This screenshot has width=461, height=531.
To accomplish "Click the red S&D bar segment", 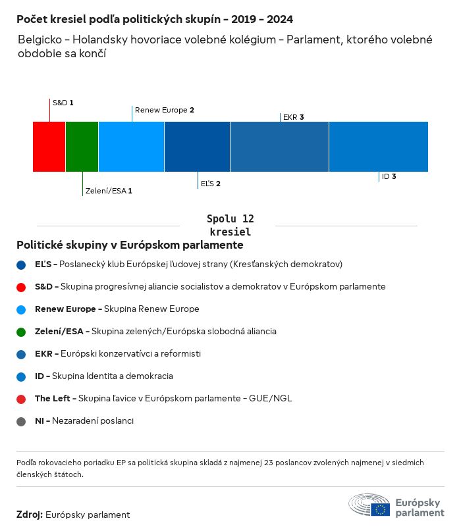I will (49, 146).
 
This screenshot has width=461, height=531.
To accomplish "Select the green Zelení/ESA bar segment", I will (82, 146).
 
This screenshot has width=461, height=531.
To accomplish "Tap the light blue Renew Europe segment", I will (131, 146).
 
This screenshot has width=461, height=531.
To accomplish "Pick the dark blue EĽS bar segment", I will (197, 146).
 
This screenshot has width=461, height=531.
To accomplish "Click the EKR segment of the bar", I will (279, 146).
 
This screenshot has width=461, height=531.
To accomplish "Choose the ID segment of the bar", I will (378, 146).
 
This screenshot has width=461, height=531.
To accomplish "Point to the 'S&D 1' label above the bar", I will (63, 103).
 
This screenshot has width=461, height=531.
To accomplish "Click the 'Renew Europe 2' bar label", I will (164, 110).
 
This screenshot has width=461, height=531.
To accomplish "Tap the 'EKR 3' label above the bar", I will (293, 117).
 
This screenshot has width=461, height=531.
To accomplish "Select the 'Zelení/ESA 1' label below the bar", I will (109, 191).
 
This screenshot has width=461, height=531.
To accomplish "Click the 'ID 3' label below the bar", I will (389, 176).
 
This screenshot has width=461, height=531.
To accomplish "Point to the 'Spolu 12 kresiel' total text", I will (230, 225).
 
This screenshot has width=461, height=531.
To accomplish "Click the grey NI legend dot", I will (22, 421).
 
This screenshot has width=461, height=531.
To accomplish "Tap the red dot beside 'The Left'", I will (22, 399).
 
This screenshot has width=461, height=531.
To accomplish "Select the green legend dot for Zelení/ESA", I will (22, 332).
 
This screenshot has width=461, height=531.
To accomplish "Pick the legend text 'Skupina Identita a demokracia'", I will (112, 376).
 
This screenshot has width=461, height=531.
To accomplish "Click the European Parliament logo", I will (396, 505).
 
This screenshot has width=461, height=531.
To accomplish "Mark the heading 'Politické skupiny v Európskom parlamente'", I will (130, 245).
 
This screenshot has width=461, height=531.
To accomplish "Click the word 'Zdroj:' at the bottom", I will (30, 515).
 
